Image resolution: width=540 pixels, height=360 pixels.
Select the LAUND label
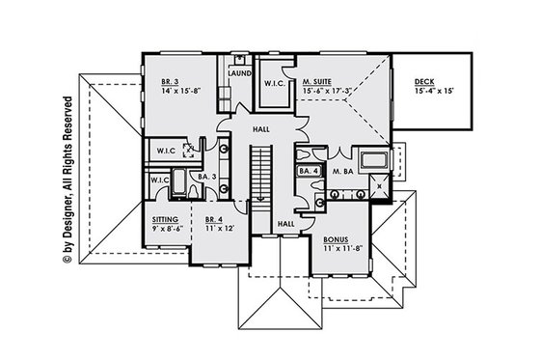tap(240, 73)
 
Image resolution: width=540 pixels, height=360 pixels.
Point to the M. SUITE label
tap(317, 84)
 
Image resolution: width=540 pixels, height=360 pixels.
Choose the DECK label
tap(425, 83)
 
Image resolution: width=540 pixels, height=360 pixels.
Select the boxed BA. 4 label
tap(309, 171)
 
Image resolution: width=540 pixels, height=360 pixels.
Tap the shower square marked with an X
tap(381, 185)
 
